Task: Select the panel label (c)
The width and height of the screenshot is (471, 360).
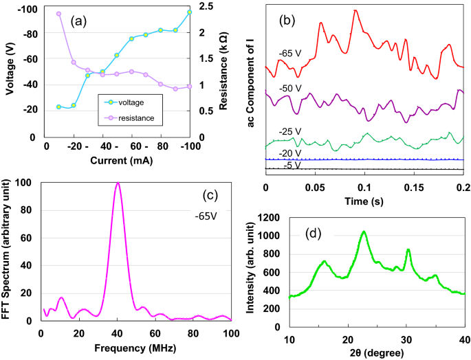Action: pyautogui.click(x=209, y=195)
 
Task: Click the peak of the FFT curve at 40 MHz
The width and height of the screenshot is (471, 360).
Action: pyautogui.click(x=118, y=183)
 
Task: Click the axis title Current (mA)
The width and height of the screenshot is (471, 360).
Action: pyautogui.click(x=117, y=162)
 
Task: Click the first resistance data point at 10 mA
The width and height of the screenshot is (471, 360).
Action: pyautogui.click(x=59, y=14)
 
